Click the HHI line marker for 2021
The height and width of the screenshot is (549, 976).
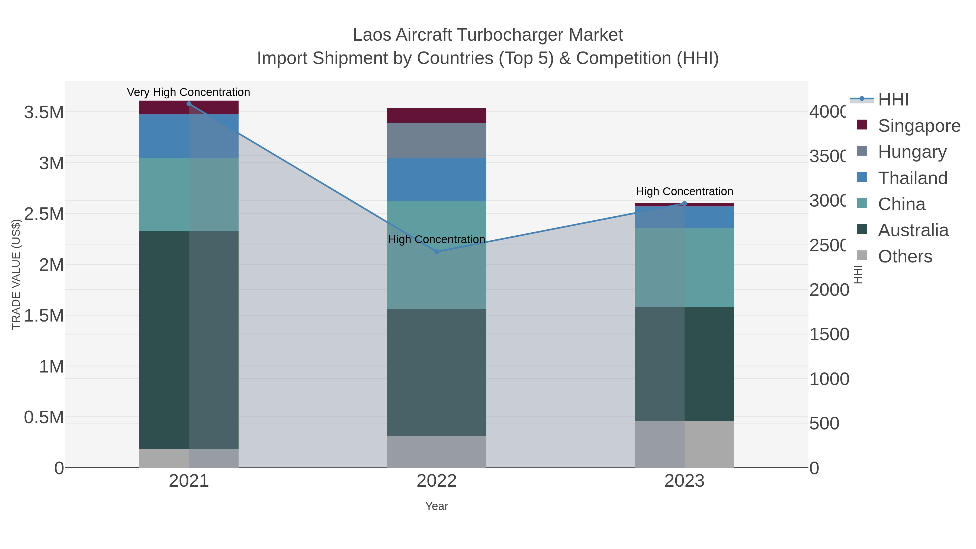[189, 104]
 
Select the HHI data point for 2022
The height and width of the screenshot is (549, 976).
[436, 252]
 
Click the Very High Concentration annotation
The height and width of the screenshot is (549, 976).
[188, 92]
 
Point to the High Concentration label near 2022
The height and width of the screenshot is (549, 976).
[436, 239]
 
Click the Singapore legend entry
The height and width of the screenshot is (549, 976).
[919, 126]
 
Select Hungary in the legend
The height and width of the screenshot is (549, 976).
[912, 152]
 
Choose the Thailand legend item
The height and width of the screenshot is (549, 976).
[912, 178]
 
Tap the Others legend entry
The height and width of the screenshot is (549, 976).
[905, 256]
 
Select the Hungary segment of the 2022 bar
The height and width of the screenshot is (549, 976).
[436, 140]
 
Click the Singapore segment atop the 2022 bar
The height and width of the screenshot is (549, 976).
[436, 115]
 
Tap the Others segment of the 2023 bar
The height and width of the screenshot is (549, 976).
[684, 444]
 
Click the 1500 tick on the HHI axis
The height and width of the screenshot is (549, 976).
[829, 335]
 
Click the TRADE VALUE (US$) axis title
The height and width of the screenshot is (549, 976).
[16, 274]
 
